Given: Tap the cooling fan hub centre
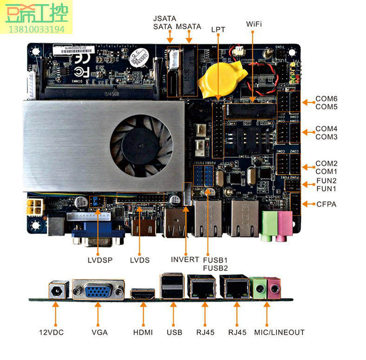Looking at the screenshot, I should click(139, 145).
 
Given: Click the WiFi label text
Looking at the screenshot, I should click(254, 23).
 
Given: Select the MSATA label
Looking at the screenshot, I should click(188, 27).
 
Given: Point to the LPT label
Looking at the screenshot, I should click(218, 29).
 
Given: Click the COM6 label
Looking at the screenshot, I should click(327, 99).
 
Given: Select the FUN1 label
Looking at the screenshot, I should click(327, 189).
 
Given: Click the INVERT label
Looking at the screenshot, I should click(185, 259).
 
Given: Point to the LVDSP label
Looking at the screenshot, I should click(100, 260).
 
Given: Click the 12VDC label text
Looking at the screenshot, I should click(51, 332).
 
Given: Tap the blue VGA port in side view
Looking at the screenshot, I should click(98, 290).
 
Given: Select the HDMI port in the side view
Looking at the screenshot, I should click(142, 293).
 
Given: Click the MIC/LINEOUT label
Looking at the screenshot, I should click(279, 332).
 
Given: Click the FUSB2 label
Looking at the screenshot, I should click(216, 268).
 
